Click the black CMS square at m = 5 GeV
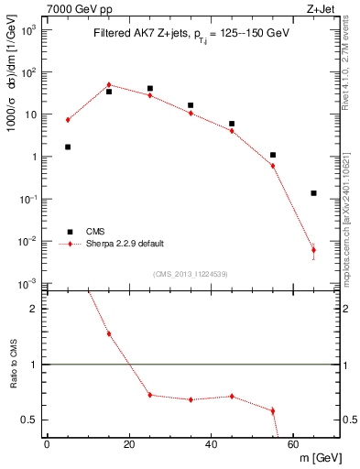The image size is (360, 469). tap(68, 147)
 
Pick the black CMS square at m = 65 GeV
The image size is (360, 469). tap(313, 193)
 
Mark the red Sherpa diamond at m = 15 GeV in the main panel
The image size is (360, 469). tap(109, 85)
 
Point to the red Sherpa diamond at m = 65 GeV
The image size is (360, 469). tap(313, 250)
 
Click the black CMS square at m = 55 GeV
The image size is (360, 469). tap(273, 155)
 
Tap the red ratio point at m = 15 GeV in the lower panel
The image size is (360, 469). tap(109, 333)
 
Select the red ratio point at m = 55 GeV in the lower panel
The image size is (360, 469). tap(273, 410)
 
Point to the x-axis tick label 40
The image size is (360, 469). tap(211, 446)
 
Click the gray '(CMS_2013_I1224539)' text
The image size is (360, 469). tap(190, 273)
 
